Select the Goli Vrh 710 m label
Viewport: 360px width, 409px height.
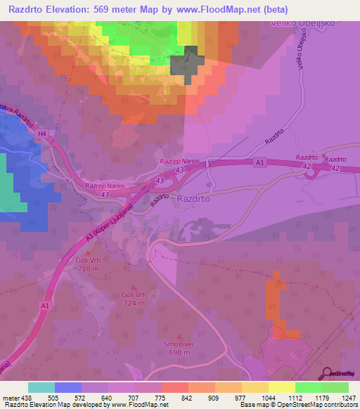(x=90, y=264)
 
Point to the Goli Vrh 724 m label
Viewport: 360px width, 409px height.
(x=134, y=299)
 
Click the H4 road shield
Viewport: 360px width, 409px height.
(x=42, y=133)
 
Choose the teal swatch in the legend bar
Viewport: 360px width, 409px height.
(x=41, y=387)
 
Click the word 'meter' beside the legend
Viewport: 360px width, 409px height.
(x=11, y=398)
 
